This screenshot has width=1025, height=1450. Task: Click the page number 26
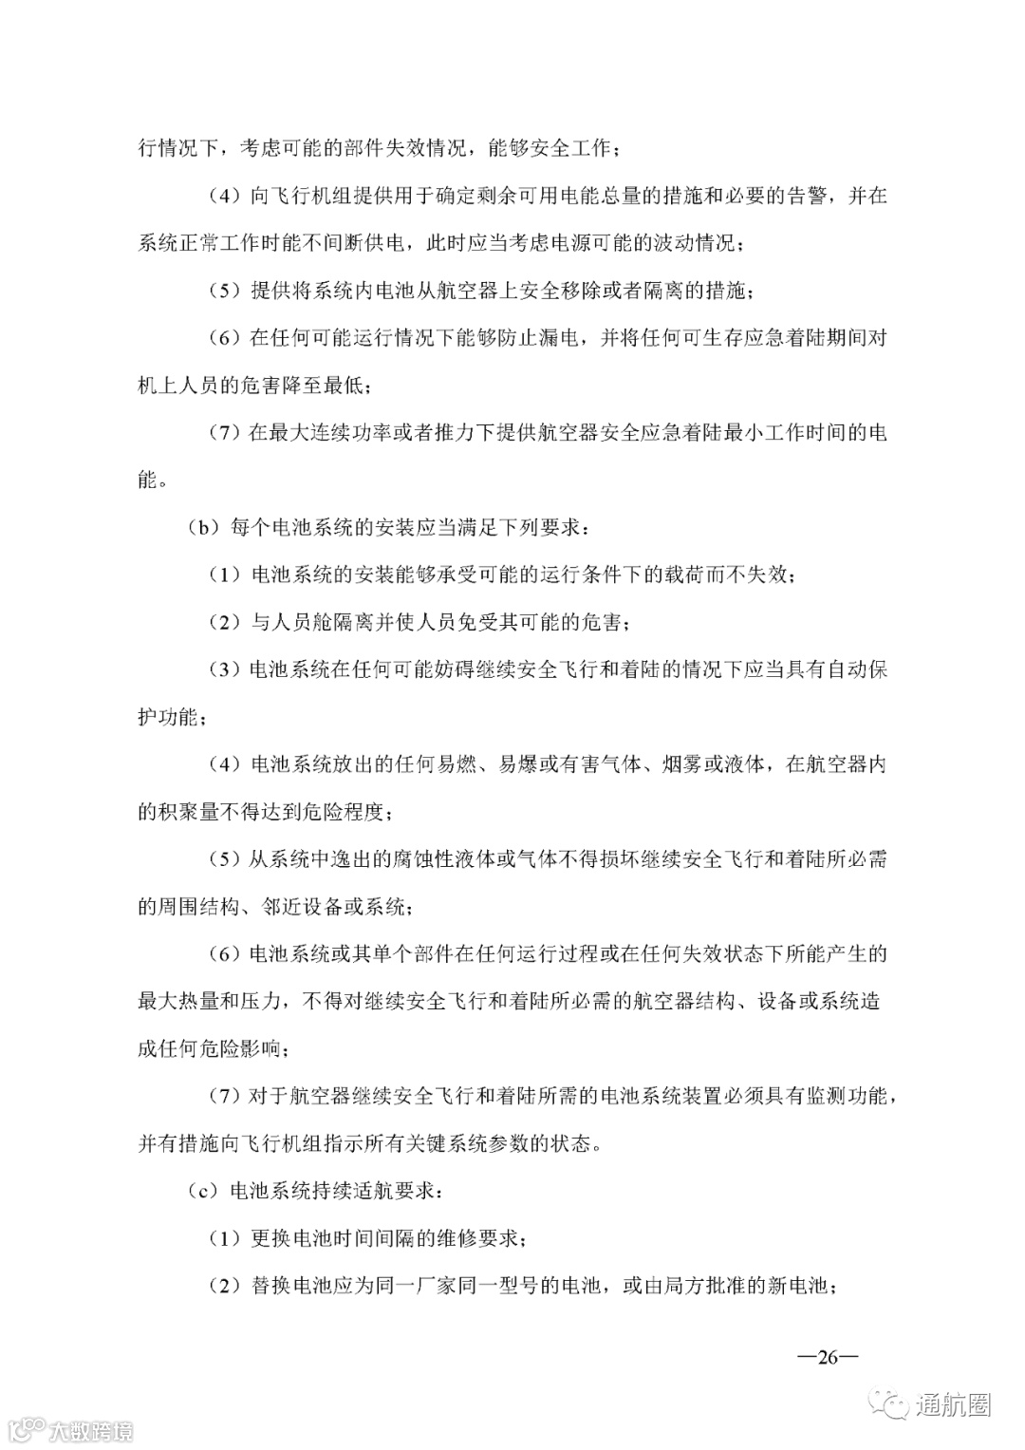[828, 1357]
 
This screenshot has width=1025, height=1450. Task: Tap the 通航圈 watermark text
[953, 1403]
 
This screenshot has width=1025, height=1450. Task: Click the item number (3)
[225, 669]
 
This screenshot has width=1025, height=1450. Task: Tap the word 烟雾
[681, 764]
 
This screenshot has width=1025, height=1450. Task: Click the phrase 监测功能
[848, 1097]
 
